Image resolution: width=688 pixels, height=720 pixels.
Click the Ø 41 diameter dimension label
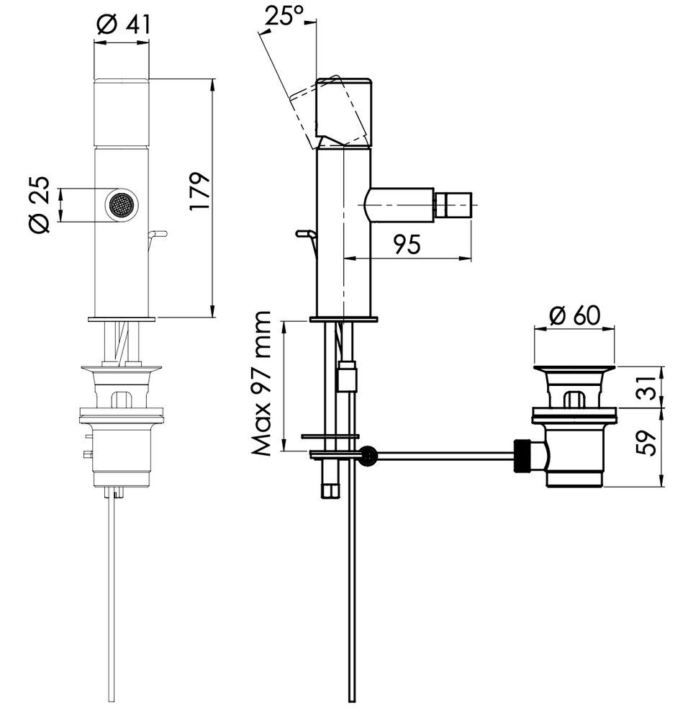tap(124, 24)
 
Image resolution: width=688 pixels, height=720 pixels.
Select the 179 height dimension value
tap(200, 192)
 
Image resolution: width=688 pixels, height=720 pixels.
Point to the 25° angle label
tap(284, 16)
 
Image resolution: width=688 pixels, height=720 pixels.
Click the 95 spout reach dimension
tap(407, 244)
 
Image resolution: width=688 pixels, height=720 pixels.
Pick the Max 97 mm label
tap(263, 384)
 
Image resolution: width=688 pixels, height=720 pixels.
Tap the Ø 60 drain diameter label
tap(574, 315)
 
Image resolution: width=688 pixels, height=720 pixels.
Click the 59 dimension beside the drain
tap(646, 443)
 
